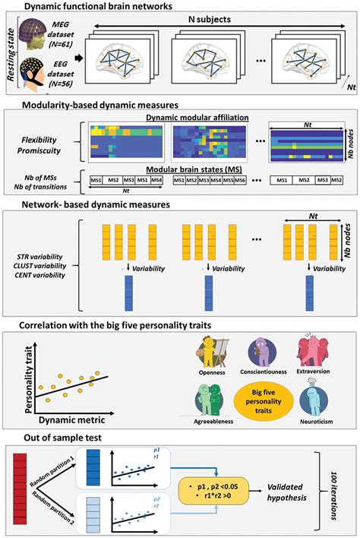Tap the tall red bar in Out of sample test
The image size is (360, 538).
(x=21, y=487)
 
